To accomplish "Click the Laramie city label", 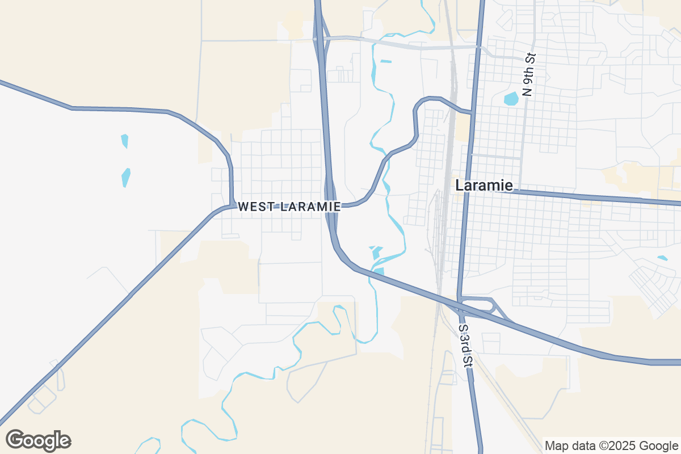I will click(x=484, y=186).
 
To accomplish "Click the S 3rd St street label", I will click(x=465, y=346).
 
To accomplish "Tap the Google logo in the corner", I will click(x=38, y=440).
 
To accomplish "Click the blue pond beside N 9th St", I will click(x=511, y=99).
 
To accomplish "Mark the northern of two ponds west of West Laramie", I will click(x=125, y=141).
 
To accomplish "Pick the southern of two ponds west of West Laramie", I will click(x=126, y=177).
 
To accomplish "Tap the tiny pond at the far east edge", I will click(x=662, y=258).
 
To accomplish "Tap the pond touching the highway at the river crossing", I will click(x=379, y=272).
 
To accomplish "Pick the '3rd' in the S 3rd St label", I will click(x=465, y=344).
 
